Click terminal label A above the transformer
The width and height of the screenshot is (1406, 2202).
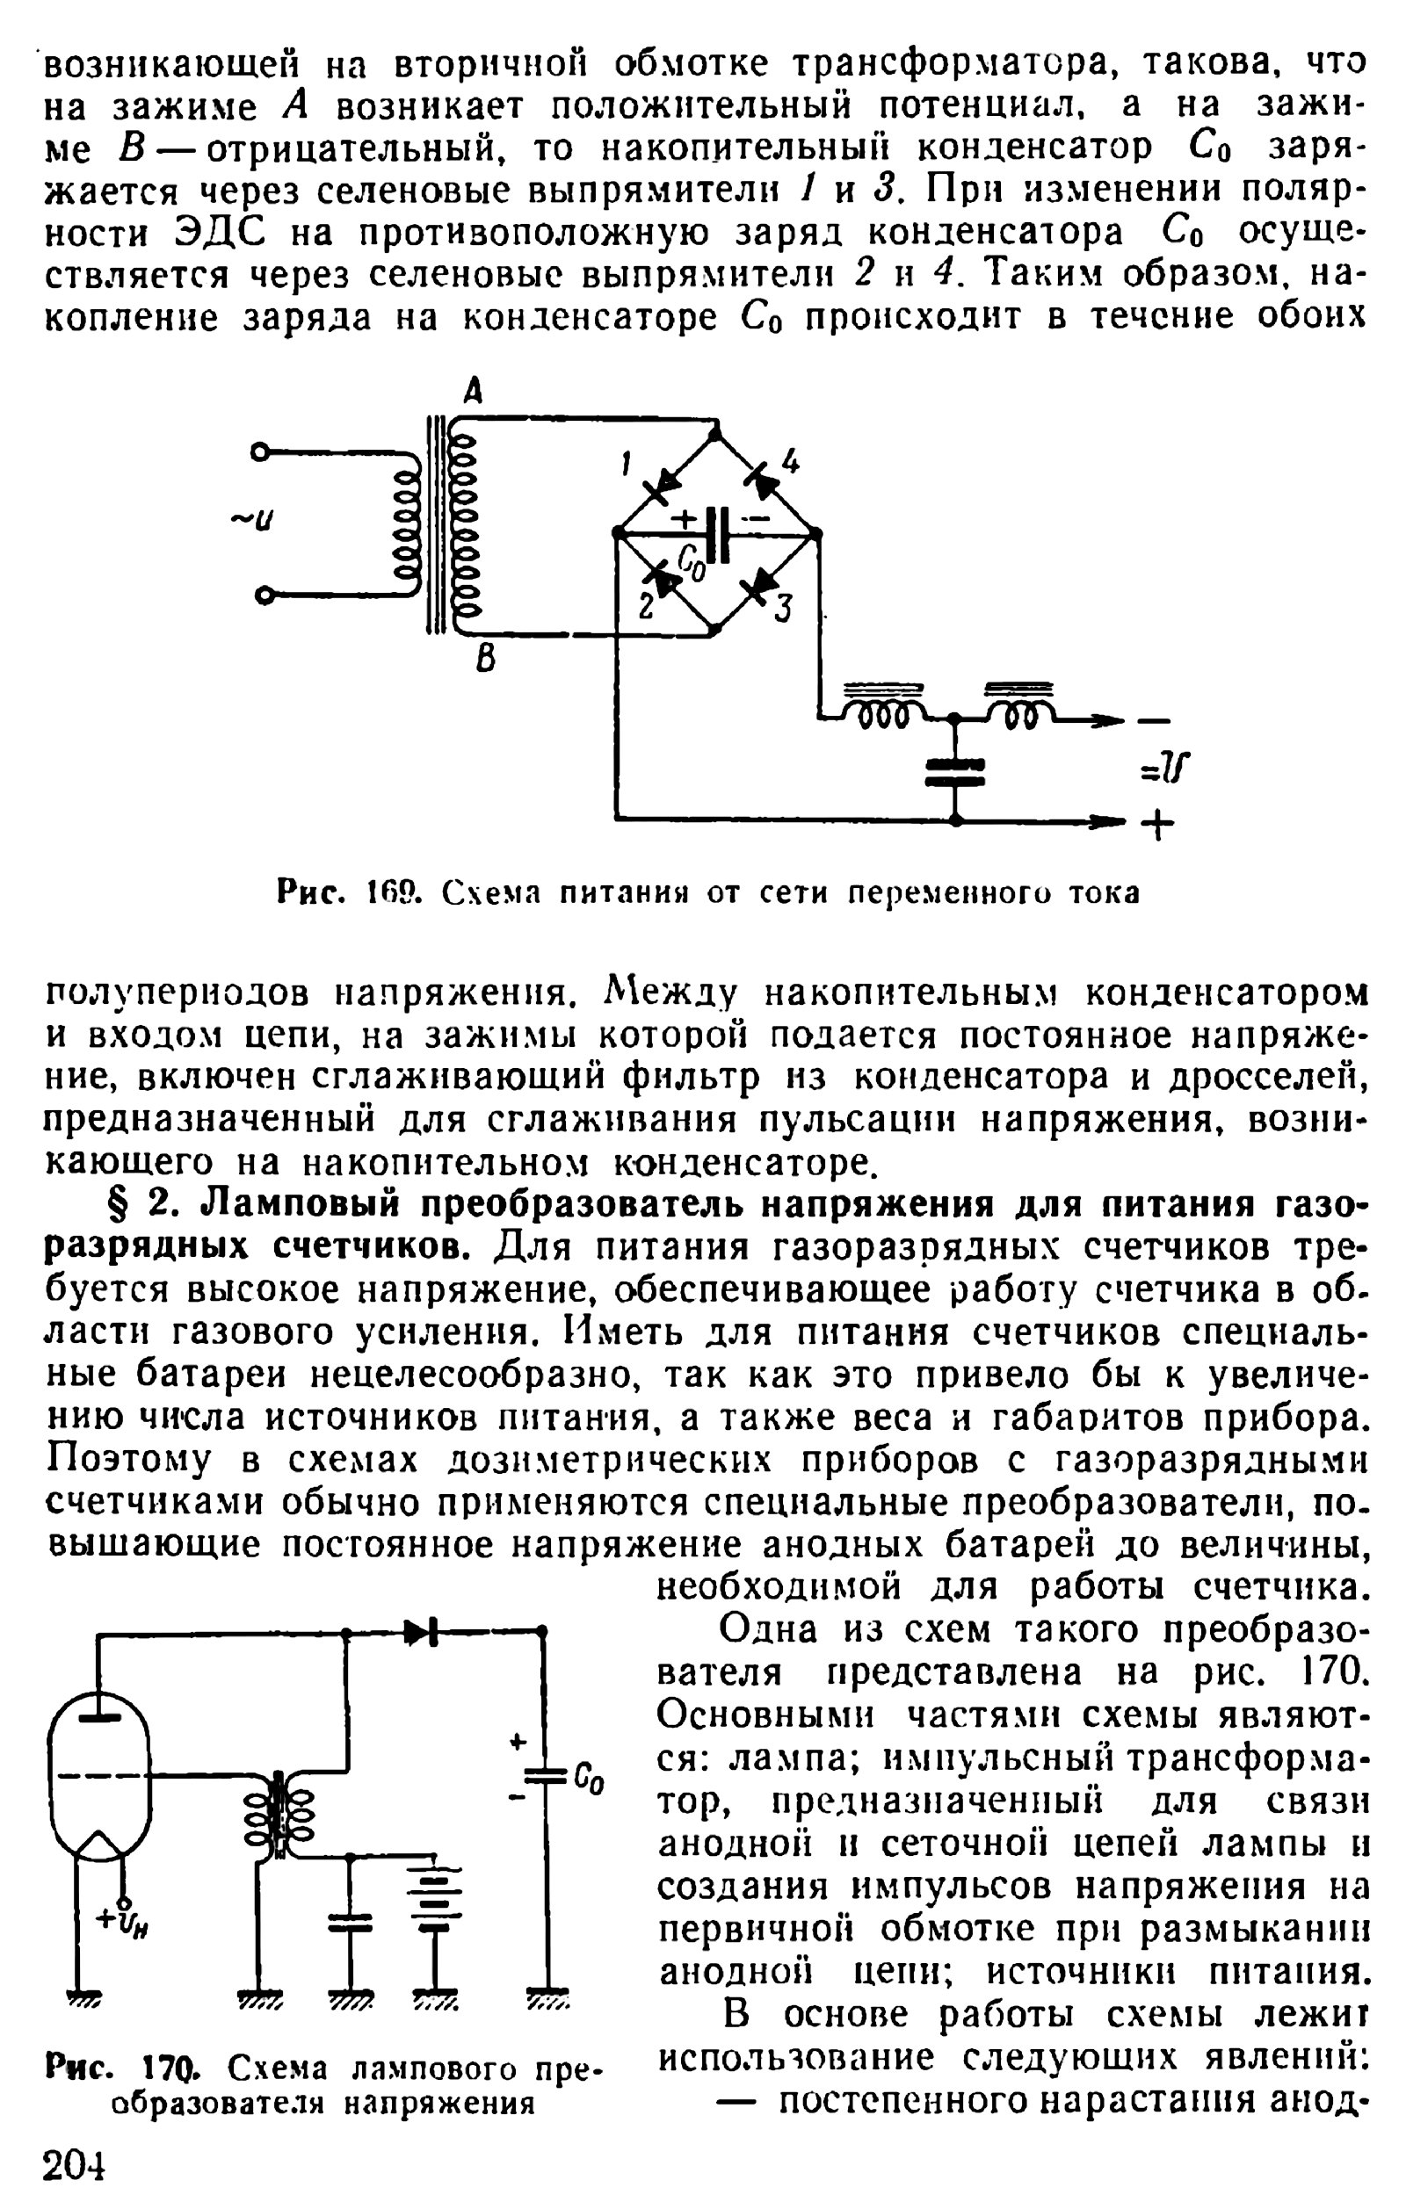(x=472, y=393)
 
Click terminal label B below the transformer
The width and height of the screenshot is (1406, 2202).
(x=487, y=659)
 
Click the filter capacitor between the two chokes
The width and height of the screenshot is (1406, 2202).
(x=954, y=771)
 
